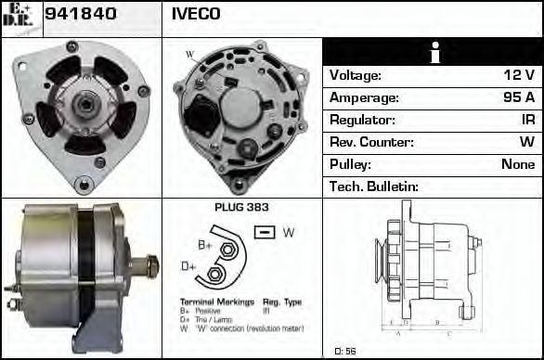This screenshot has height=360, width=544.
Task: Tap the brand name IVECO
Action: click(x=196, y=14)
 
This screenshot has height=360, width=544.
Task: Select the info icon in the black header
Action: click(x=433, y=53)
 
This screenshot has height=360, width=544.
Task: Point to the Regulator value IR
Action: click(x=527, y=121)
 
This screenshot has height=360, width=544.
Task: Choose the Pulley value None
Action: click(x=517, y=165)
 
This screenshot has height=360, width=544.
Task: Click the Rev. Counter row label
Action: click(x=371, y=143)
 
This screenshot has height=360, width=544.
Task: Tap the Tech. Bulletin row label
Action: click(x=374, y=187)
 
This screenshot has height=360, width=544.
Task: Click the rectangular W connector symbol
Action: click(x=265, y=231)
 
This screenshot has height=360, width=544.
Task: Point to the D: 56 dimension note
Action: click(x=345, y=352)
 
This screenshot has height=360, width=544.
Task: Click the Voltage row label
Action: click(x=356, y=76)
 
